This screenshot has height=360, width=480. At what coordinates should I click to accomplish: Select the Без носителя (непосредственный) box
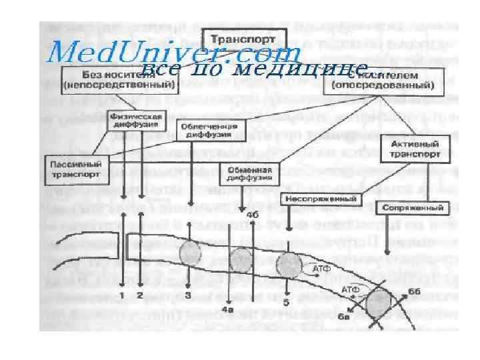[x=118, y=79]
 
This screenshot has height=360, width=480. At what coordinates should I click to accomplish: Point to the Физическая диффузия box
[x=135, y=122]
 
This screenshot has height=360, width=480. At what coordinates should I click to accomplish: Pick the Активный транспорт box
[x=412, y=147]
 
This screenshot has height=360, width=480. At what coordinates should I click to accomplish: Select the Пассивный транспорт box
[x=75, y=168]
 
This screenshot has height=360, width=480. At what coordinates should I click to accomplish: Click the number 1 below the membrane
[x=123, y=294]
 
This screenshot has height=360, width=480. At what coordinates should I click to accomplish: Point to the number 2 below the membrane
[x=141, y=294]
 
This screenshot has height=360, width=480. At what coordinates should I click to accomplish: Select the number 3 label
[x=189, y=294]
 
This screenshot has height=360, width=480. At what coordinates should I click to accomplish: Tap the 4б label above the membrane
[x=252, y=215]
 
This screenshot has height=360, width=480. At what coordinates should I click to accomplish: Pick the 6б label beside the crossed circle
[x=414, y=291]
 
